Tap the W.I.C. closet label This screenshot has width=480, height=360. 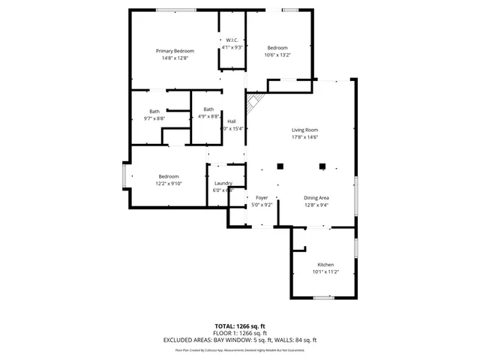click(x=232, y=40)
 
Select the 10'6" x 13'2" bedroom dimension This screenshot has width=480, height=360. click(x=277, y=55)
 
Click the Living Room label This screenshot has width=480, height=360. click(x=305, y=130)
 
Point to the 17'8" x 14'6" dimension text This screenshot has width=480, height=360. click(x=305, y=137)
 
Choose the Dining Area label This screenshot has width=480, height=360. click(x=316, y=197)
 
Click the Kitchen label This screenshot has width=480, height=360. click(x=325, y=265)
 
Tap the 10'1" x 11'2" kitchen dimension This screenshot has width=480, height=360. click(x=325, y=272)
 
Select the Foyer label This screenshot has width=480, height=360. click(x=262, y=197)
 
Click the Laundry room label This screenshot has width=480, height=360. click(x=223, y=183)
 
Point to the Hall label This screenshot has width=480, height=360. click(x=232, y=121)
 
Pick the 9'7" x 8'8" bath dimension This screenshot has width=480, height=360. click(x=154, y=118)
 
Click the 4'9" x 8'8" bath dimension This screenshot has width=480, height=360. click(x=208, y=116)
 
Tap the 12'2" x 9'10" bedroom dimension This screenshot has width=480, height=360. click(x=168, y=183)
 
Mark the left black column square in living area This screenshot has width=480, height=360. click(x=280, y=166)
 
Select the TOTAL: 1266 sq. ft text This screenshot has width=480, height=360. click(x=240, y=326)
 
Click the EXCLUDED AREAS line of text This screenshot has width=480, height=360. click(x=240, y=340)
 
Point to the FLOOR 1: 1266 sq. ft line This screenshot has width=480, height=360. click(x=240, y=333)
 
